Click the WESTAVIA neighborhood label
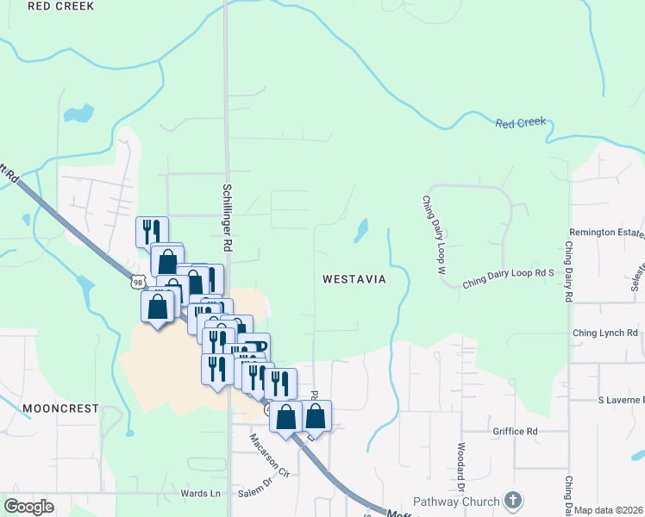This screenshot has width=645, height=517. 353,279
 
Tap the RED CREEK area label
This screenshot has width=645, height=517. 59,5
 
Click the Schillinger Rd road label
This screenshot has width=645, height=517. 228,217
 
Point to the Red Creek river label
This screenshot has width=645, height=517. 520,123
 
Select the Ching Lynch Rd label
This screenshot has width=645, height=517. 604,333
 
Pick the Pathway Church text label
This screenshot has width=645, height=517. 456,501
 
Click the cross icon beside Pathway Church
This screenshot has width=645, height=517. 513,501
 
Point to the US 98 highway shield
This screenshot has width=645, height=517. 138,282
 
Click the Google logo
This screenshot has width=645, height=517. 28,506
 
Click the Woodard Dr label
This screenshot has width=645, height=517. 461,461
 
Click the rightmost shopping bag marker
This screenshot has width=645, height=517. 316,415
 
